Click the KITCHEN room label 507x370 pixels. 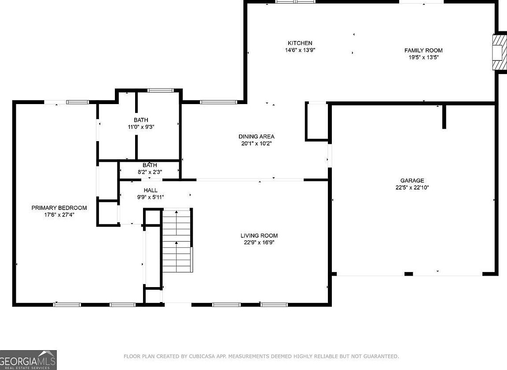tap(300, 43)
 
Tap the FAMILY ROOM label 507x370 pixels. tap(423, 50)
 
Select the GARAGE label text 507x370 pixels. tap(412, 180)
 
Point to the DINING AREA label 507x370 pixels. tap(257, 136)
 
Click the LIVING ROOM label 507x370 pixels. tap(259, 235)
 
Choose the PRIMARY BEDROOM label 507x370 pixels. tap(59, 208)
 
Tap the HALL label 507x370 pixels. tap(151, 190)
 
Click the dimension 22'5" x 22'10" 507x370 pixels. tap(412, 187)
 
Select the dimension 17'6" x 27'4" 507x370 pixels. tap(59, 214)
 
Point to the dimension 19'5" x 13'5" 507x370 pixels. tap(423, 57)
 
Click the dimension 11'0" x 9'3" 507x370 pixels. tap(141, 127)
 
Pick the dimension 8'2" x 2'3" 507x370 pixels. tap(150, 172)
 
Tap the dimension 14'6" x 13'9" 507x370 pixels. tap(300, 50)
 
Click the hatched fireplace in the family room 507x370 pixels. tap(499, 52)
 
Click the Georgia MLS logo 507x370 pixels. tap(28, 360)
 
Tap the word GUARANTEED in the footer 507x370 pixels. tap(381, 356)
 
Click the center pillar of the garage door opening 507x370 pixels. tap(409, 274)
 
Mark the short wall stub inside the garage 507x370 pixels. tap(444, 116)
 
